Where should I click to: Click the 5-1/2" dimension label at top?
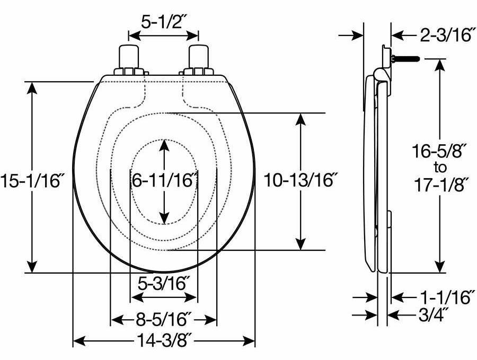pyautogui.click(x=164, y=21)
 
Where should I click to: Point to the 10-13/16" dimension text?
pyautogui.click(x=301, y=180)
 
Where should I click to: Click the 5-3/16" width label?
pyautogui.click(x=164, y=283)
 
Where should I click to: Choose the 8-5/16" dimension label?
pyautogui.click(x=164, y=319)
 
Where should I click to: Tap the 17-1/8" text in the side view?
pyautogui.click(x=440, y=185)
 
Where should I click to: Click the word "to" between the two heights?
pyautogui.click(x=440, y=168)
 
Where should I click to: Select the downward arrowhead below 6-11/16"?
pyautogui.click(x=165, y=217)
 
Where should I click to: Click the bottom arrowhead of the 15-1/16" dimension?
pyautogui.click(x=33, y=267)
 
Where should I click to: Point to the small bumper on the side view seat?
pyautogui.click(x=390, y=219)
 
